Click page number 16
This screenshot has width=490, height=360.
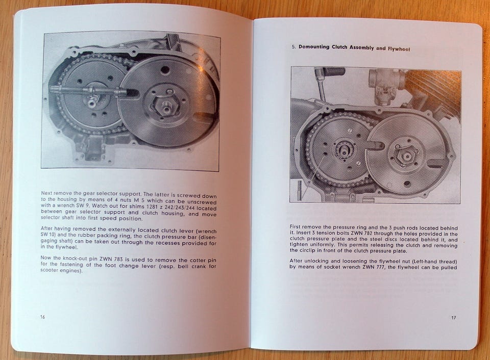[x=42, y=317]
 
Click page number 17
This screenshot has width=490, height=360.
[x=453, y=318]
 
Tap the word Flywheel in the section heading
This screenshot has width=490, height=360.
[x=399, y=49]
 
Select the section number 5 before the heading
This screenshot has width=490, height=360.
[x=293, y=47]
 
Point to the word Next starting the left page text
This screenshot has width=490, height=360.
[x=46, y=193]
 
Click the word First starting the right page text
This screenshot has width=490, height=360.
[x=296, y=227]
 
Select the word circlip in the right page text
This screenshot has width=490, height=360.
[x=299, y=250]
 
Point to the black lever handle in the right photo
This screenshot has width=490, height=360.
[x=333, y=71]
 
